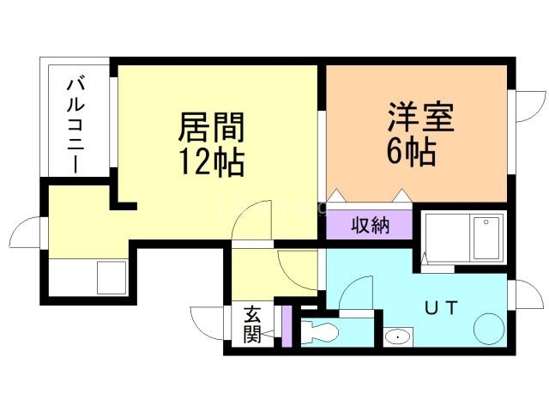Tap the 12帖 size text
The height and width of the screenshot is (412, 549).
tap(211, 161)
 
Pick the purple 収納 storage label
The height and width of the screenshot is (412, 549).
tap(370, 226)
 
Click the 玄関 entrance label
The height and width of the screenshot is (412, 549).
tap(251, 324)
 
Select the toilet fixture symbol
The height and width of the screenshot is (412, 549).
tap(321, 330)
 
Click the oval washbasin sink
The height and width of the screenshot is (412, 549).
tap(397, 337)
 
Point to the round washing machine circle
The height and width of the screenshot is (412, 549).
tap(491, 329)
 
